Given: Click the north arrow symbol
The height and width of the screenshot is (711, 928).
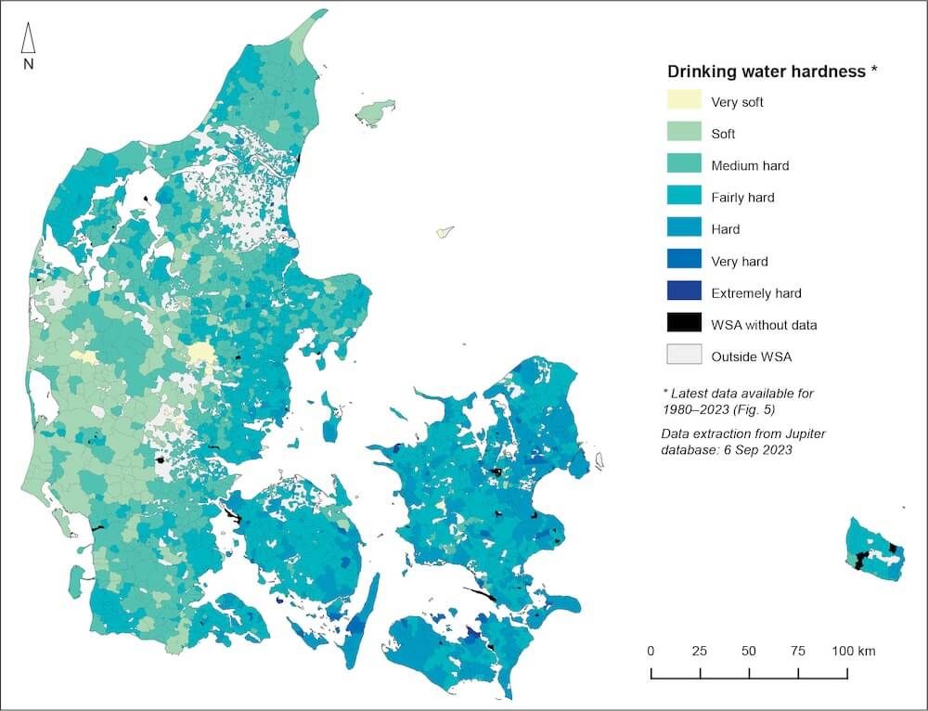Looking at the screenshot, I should [28, 38].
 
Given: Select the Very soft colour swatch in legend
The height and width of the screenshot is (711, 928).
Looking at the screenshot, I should [684, 100].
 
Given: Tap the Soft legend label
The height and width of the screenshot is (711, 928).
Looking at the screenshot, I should [723, 134].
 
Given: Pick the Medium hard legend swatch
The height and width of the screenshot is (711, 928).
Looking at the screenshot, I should [684, 164].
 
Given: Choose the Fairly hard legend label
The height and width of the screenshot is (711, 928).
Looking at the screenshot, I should [742, 197].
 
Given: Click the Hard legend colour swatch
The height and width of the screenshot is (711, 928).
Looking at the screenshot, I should [684, 227].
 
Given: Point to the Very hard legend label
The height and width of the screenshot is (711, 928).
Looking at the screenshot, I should [739, 261].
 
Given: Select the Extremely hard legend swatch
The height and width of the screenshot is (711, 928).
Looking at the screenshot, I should [684, 291].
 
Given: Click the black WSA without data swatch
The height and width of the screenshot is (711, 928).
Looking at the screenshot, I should [684, 323].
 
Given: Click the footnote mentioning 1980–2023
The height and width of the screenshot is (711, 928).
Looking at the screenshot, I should [738, 400].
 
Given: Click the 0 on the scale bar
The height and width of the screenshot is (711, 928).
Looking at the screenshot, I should [651, 651].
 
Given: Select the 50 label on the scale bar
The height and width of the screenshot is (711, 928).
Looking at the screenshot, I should [748, 651].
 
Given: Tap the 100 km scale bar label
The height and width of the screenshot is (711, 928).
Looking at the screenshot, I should [852, 651].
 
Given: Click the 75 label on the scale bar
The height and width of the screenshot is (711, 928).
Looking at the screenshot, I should [797, 651].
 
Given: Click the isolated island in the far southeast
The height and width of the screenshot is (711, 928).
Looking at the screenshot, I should [875, 549].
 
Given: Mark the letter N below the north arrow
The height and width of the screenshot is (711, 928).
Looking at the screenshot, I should [28, 64].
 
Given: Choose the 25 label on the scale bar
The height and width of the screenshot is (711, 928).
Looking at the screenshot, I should [700, 651].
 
